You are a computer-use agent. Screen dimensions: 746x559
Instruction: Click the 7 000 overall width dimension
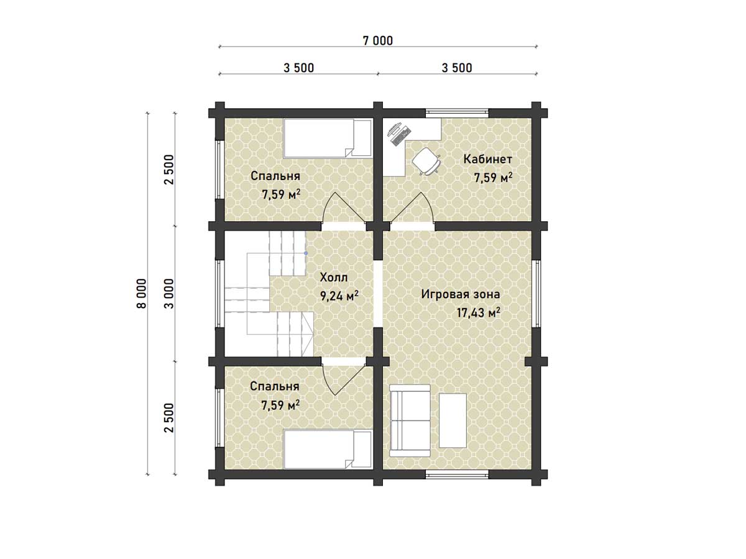[377, 41]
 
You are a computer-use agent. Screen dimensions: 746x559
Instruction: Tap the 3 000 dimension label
[169, 293]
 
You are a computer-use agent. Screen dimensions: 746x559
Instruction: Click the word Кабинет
[487, 159]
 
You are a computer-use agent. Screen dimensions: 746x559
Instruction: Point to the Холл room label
[334, 277]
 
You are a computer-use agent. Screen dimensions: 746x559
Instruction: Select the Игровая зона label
[461, 294]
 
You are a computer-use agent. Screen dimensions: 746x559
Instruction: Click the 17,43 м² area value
[478, 312]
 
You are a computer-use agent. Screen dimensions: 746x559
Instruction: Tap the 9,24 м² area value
[339, 296]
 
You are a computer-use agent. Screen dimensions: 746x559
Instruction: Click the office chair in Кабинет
[427, 161]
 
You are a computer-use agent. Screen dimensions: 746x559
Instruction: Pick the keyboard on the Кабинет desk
[402, 135]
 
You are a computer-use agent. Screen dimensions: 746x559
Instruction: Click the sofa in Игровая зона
[410, 420]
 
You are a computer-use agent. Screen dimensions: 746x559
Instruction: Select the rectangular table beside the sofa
[453, 420]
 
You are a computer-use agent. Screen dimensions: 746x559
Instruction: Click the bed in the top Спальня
[328, 138]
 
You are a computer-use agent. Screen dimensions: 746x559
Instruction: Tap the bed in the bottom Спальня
[328, 449]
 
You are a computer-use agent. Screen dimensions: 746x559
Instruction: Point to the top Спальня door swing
[344, 207]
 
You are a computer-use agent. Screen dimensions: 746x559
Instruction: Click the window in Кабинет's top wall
[457, 114]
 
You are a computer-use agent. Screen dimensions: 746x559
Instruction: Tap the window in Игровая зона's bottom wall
[457, 474]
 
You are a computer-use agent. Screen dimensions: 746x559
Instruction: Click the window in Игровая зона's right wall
[536, 294]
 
